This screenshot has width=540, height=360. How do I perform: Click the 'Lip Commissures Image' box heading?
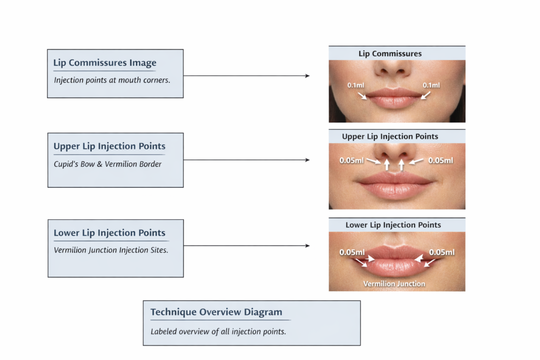(x=105, y=63)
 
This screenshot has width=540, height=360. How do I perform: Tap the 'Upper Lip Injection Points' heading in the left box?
(x=109, y=147)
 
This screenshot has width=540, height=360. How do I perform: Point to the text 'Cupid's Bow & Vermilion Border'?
(x=108, y=164)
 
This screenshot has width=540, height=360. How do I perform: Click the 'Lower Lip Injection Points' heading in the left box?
(x=109, y=233)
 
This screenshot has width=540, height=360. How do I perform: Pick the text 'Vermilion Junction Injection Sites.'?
(x=111, y=250)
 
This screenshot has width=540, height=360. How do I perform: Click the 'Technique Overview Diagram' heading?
(x=216, y=312)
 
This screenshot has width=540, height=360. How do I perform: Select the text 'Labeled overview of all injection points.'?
(x=218, y=332)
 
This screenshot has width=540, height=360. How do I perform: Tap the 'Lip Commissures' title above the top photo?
(x=390, y=53)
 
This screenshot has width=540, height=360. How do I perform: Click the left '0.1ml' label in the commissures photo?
(x=356, y=85)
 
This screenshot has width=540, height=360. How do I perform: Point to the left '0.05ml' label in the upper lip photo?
(x=351, y=160)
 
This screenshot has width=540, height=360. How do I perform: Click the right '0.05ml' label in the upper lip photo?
(x=440, y=160)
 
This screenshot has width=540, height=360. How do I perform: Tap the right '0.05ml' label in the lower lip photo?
(x=442, y=252)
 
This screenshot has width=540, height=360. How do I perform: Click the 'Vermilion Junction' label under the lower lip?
(x=394, y=284)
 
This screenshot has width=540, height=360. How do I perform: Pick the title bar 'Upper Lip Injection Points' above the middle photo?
(x=390, y=137)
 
